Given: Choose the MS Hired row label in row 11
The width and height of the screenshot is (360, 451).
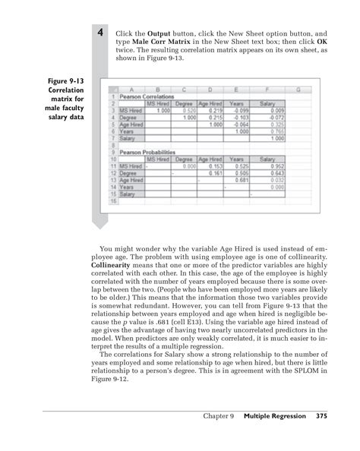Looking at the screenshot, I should [130, 166].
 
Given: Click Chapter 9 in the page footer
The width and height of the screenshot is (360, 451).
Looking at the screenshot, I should [219, 416].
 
